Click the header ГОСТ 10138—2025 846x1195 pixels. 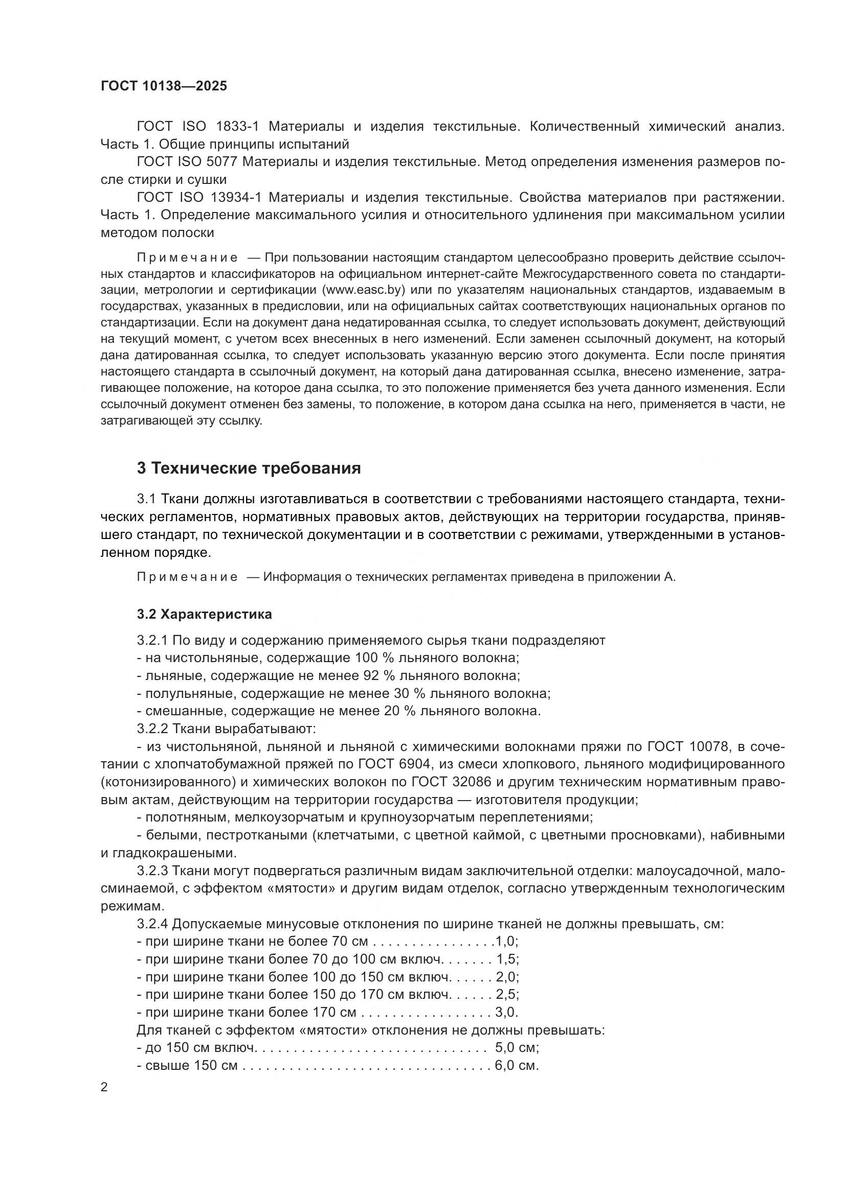tap(164, 86)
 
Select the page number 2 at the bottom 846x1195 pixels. tap(104, 1087)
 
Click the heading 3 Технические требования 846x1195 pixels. tap(249, 468)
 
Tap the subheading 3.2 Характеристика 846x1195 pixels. tap(204, 614)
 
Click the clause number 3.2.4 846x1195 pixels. tap(152, 924)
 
